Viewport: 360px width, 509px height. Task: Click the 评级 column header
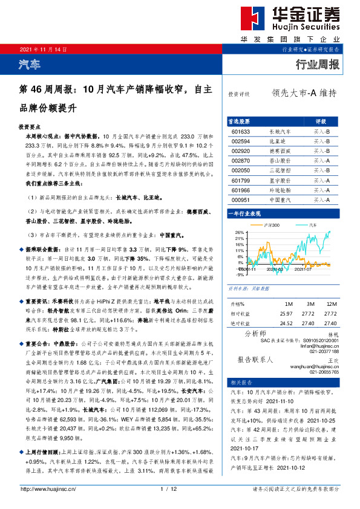[321, 121]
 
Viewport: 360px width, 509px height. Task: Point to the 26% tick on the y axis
[240, 233]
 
